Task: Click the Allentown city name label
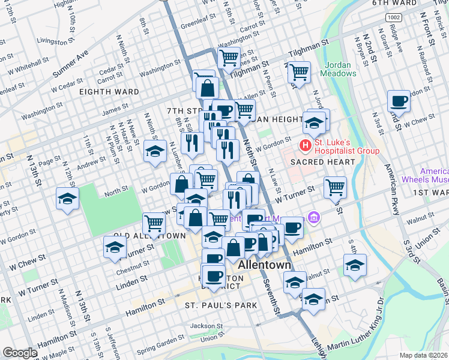click(265, 265)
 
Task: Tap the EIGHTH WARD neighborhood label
click(109, 92)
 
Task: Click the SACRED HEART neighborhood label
click(315, 163)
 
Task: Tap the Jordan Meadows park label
click(340, 69)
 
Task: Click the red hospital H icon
click(306, 145)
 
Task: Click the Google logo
click(20, 353)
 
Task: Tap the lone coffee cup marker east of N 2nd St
click(397, 100)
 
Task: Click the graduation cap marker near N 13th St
click(67, 198)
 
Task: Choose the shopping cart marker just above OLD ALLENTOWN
click(154, 223)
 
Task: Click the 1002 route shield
click(393, 18)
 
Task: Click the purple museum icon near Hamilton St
click(313, 217)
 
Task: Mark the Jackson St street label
click(206, 326)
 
